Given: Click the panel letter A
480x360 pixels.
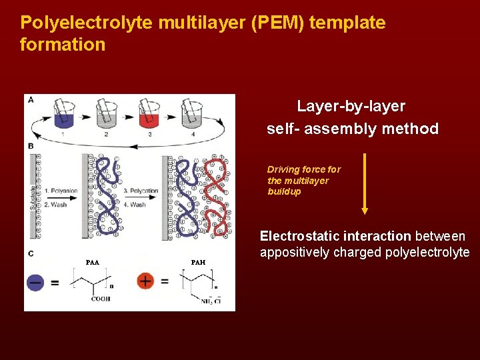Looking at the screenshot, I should [30, 100].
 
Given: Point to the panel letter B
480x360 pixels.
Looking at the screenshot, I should [30, 145].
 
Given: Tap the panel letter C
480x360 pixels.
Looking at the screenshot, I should [30, 253].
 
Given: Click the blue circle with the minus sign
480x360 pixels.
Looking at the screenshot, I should [35, 282].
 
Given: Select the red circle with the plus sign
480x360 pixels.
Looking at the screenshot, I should [145, 281].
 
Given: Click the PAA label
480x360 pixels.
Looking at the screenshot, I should [92, 263].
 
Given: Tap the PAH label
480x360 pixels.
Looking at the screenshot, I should [198, 263].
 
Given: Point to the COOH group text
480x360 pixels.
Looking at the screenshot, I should [101, 299].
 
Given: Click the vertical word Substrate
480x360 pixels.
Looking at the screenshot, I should [33, 197].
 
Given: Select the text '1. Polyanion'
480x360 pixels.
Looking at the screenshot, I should [61, 191].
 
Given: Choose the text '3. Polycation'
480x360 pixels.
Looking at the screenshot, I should [141, 191].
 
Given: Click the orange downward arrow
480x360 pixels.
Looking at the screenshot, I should [364, 183].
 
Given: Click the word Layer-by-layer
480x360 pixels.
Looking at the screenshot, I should [351, 106].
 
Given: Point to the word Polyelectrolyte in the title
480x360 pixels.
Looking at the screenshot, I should [87, 23].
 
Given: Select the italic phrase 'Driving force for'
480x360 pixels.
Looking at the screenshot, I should [303, 169].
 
